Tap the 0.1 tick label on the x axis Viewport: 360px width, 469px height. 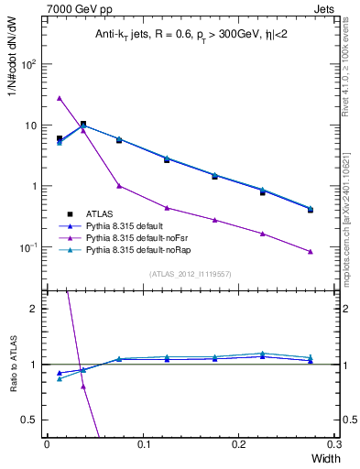(x=143, y=444)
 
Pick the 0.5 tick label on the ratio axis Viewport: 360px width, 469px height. (x=31, y=420)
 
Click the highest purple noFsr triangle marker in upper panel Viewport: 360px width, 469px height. (x=60, y=98)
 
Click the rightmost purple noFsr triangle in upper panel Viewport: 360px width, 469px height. (x=310, y=252)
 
